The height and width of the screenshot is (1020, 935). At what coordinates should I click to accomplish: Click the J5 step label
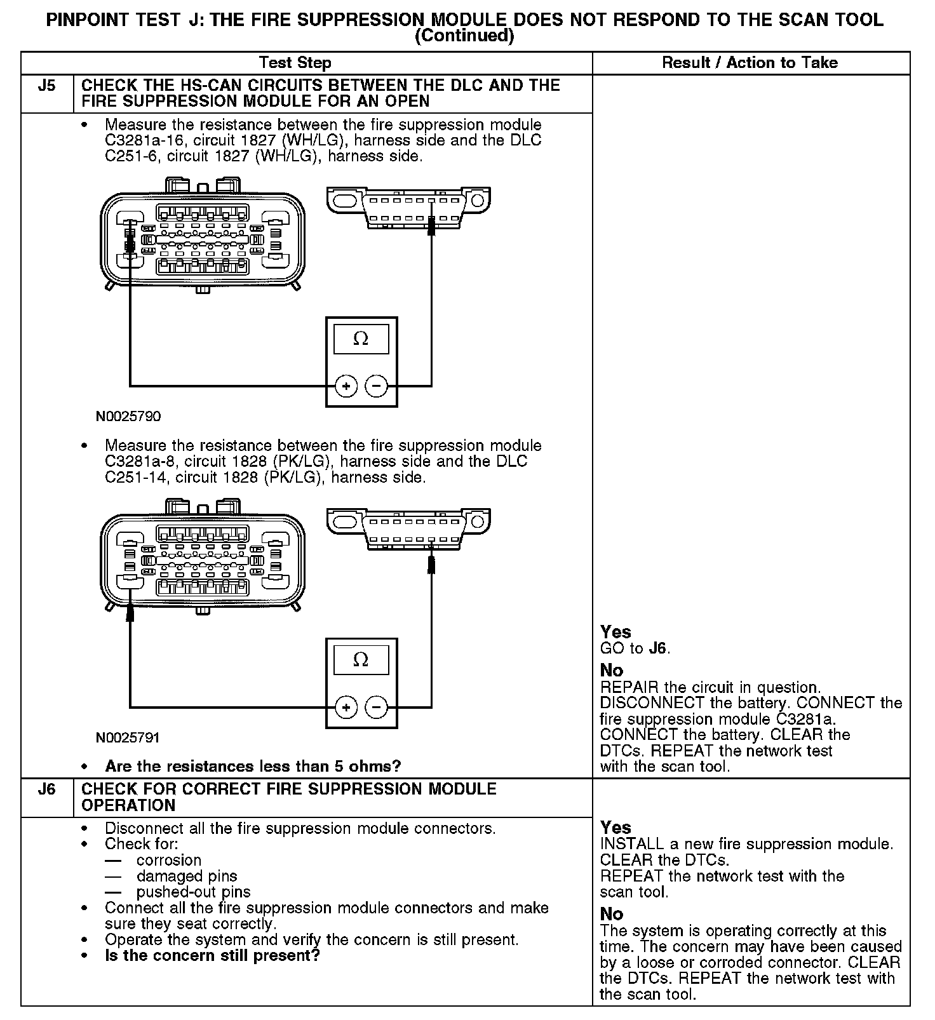point(47,86)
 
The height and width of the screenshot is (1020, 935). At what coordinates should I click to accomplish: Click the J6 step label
point(47,789)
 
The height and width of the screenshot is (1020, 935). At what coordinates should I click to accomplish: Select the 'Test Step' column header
point(295,63)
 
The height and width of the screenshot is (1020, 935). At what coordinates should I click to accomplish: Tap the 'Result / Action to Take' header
point(750,63)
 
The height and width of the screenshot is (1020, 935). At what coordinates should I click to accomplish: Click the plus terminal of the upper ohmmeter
point(346,386)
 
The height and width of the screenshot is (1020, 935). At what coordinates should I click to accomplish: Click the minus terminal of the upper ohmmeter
point(377,386)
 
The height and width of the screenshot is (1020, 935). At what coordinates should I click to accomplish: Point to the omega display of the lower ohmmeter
point(361,660)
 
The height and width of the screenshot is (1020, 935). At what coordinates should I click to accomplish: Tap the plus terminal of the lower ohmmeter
point(346,707)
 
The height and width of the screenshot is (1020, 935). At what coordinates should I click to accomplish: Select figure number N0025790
point(128,417)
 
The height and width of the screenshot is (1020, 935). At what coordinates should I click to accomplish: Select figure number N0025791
point(128,738)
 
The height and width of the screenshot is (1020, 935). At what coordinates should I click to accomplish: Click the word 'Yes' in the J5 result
point(615,633)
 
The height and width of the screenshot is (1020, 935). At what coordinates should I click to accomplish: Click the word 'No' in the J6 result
point(612,914)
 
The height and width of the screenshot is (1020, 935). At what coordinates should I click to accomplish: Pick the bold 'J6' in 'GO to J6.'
point(658,648)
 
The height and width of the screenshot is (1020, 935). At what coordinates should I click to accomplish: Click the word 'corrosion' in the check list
point(169,861)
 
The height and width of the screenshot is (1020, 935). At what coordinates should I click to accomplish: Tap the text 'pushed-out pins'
point(194,892)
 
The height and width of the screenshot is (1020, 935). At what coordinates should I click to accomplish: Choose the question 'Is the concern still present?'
point(212,956)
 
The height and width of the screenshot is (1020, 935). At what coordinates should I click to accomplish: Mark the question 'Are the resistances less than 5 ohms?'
point(253,767)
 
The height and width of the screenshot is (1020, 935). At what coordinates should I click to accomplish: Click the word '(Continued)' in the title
point(464,36)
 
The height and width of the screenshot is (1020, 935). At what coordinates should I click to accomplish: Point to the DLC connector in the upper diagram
point(410,206)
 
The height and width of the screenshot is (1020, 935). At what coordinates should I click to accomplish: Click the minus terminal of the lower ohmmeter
point(377,707)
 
